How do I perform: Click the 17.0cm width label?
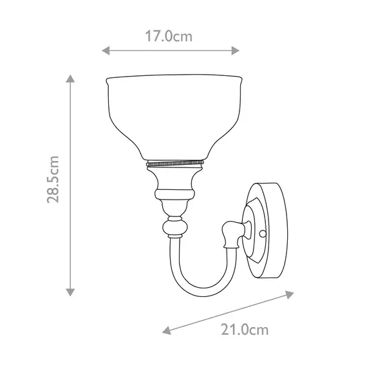tap(169, 37)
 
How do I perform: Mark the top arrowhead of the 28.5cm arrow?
tap(70, 79)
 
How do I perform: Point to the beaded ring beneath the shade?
tap(175, 164)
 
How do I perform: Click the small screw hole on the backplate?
tap(263, 232)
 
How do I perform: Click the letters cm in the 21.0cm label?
tap(259, 330)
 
